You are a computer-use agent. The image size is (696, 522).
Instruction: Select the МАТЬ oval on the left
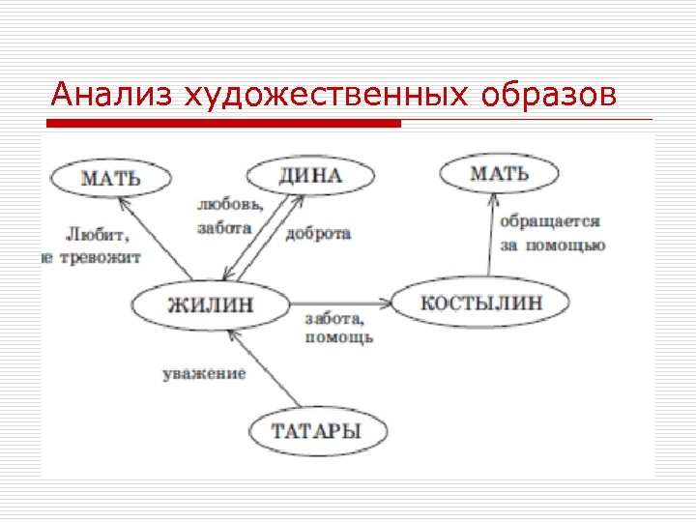[110, 178]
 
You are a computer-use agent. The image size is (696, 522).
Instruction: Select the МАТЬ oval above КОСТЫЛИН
[499, 174]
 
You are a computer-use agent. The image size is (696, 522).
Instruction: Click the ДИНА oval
[309, 176]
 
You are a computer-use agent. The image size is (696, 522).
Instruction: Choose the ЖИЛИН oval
[211, 304]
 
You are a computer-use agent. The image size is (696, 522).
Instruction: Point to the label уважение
[204, 373]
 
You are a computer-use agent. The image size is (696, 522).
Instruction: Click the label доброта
[318, 234]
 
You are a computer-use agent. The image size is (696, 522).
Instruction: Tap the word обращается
[550, 221]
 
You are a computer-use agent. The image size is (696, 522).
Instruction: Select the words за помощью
[552, 246]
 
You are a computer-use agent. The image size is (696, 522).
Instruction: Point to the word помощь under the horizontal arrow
[338, 337]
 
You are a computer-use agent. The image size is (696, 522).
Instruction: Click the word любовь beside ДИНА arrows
[229, 206]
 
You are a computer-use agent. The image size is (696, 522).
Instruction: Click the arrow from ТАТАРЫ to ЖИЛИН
[267, 366]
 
